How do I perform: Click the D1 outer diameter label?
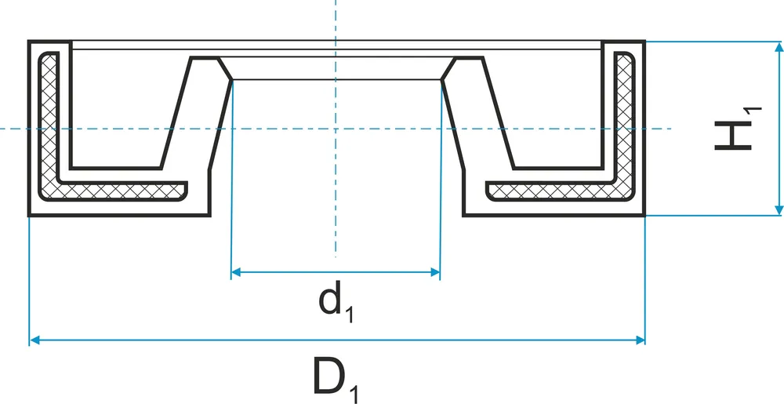click(336, 378)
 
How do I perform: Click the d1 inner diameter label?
click(336, 301)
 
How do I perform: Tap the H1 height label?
click(738, 129)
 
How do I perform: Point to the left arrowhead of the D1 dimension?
click(34, 340)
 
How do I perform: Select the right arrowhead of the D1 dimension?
click(640, 340)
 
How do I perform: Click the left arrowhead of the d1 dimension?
click(237, 272)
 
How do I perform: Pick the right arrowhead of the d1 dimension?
click(435, 272)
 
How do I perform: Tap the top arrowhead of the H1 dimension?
click(779, 47)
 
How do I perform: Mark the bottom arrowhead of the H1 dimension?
click(779, 210)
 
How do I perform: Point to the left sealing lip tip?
click(231, 79)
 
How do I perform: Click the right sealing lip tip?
click(441, 79)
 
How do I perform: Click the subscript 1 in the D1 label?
click(353, 393)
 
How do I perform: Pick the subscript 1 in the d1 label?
click(349, 316)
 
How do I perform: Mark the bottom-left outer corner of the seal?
click(29, 216)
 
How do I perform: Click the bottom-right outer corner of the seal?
click(644, 216)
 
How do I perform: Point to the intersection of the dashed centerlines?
click(336, 129)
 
